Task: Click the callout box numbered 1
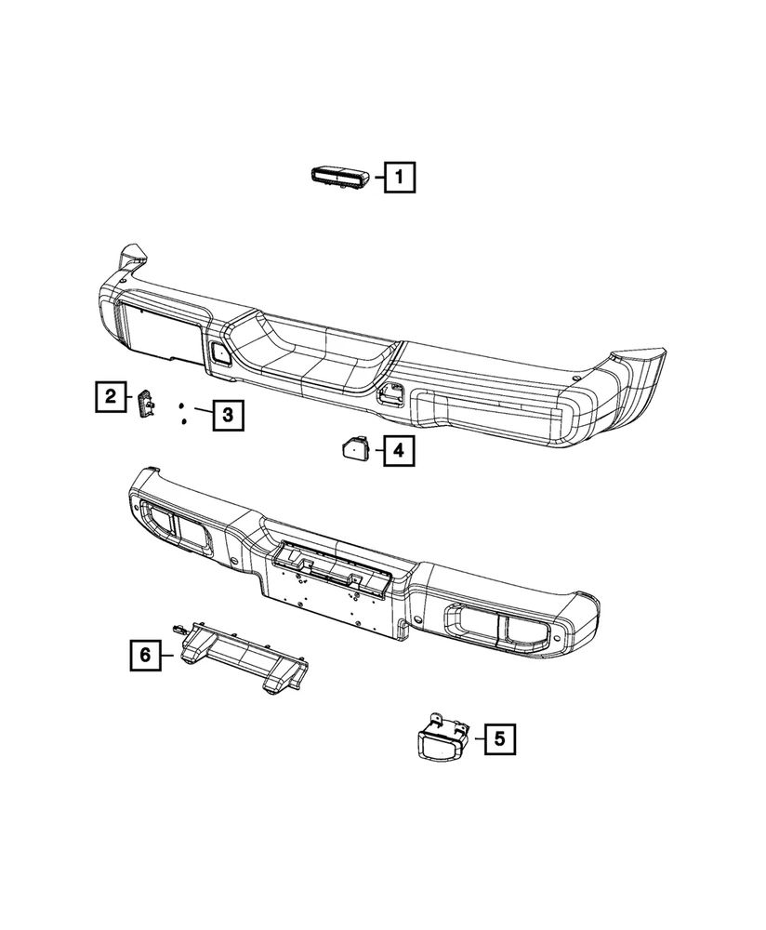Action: tap(399, 177)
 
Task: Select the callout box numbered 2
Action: tap(111, 396)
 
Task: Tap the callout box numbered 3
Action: tap(229, 415)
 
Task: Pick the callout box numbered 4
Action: tap(399, 451)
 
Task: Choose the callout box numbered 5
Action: tap(500, 739)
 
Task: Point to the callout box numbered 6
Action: tap(145, 655)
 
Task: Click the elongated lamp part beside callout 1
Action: tap(341, 178)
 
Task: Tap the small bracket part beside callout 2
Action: tap(146, 404)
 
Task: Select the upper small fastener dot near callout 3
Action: tap(182, 405)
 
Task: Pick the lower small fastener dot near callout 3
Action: tap(183, 421)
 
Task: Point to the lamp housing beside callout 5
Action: tap(441, 737)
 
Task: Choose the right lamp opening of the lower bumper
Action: tap(499, 627)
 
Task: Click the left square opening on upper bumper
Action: tap(220, 353)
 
